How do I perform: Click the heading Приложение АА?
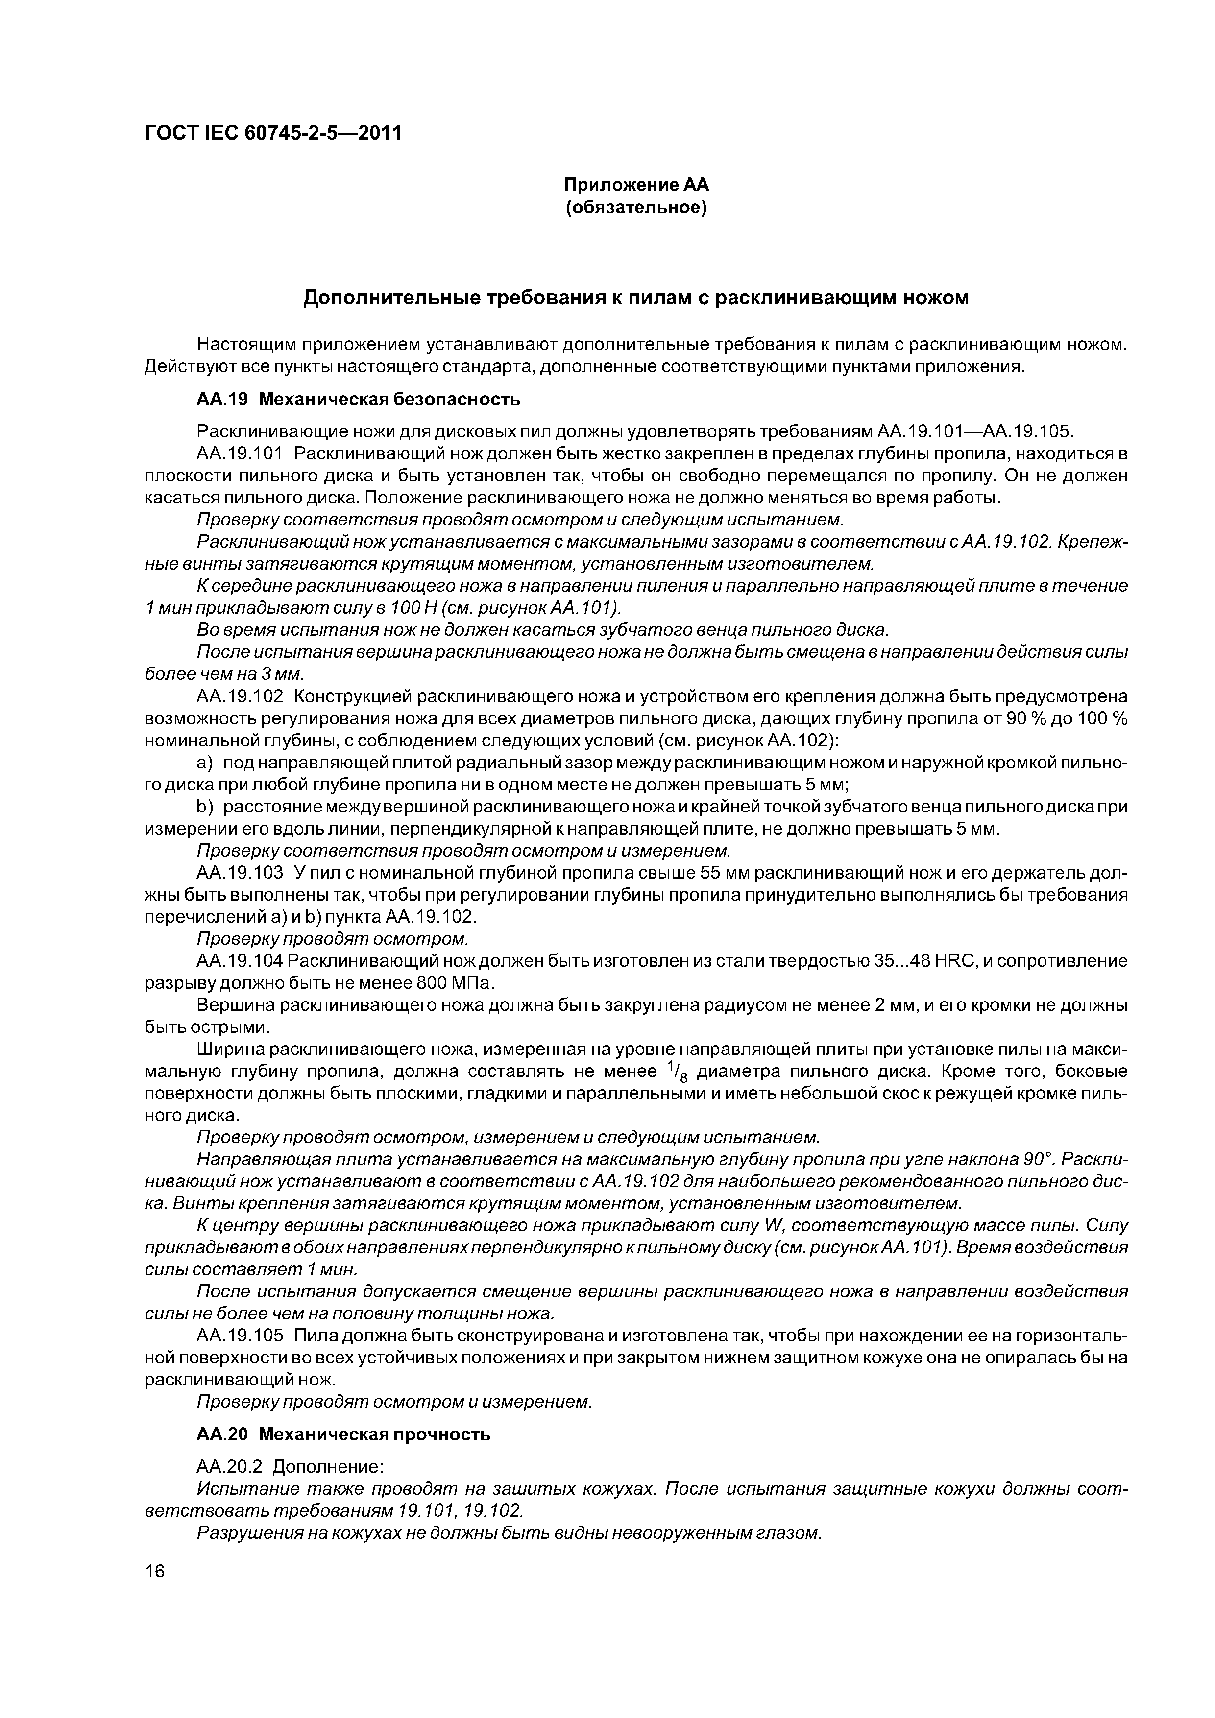(x=635, y=184)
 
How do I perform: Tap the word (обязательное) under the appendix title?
(x=635, y=207)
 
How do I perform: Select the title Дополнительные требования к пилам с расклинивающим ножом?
(x=635, y=298)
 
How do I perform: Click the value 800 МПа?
(x=456, y=982)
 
